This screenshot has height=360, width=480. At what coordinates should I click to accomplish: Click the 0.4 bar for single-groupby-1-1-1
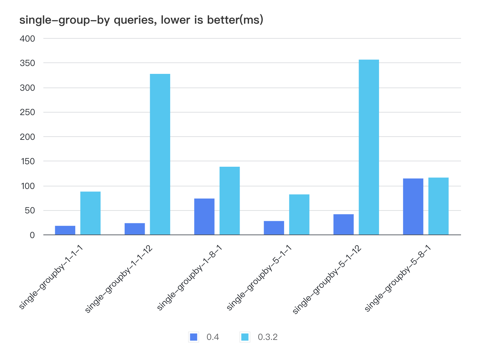pyautogui.click(x=65, y=230)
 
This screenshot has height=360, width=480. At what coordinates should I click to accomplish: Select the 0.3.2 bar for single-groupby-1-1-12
pyautogui.click(x=160, y=154)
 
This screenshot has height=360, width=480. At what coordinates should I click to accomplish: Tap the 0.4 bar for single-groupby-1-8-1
pyautogui.click(x=204, y=217)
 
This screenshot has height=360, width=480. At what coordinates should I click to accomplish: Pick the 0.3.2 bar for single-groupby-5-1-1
pyautogui.click(x=299, y=214)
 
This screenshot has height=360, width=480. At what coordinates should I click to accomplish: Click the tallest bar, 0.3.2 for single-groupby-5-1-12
pyautogui.click(x=369, y=147)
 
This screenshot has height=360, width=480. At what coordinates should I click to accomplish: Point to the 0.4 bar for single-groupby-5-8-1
pyautogui.click(x=413, y=207)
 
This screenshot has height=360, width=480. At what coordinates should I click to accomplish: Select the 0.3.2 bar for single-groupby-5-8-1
pyautogui.click(x=438, y=206)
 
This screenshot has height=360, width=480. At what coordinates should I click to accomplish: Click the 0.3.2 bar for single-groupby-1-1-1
pyautogui.click(x=90, y=213)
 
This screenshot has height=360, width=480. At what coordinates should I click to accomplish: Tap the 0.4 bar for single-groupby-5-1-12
pyautogui.click(x=344, y=224)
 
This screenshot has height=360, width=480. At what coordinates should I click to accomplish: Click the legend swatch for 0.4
pyautogui.click(x=193, y=337)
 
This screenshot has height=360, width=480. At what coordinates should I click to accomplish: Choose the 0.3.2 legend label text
pyautogui.click(x=268, y=337)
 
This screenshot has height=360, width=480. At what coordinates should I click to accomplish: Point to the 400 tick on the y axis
pyautogui.click(x=27, y=38)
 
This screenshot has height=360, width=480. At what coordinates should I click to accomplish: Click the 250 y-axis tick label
pyautogui.click(x=27, y=112)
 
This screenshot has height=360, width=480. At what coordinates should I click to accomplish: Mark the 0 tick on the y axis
pyautogui.click(x=32, y=235)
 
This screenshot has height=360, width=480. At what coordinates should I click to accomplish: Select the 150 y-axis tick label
pyautogui.click(x=27, y=161)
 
